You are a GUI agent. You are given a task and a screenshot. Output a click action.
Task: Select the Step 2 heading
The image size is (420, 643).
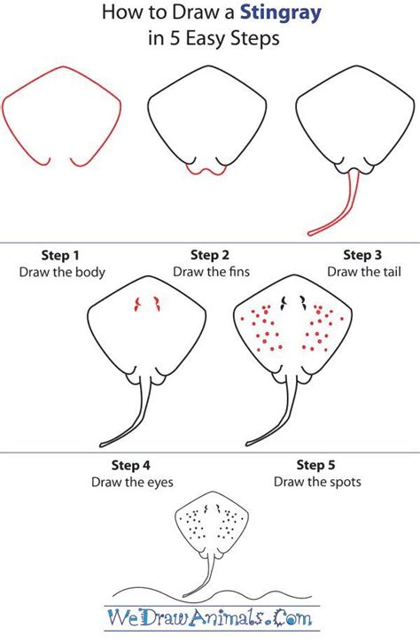coord(210,255)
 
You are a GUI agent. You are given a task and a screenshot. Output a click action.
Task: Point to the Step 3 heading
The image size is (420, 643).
coord(363,255)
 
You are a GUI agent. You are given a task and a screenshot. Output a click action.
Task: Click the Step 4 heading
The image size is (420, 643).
coord(131,464)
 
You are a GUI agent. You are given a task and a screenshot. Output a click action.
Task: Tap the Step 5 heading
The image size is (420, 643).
coord(316,464)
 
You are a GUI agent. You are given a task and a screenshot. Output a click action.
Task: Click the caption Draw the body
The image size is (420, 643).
coord(62,272)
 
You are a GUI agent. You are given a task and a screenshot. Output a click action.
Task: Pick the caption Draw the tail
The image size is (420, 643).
coord(363,272)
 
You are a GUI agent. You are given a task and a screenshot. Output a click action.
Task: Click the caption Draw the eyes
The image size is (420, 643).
coord(131,482)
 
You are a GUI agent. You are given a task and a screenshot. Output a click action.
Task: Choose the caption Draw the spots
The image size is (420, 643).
coord(316,482)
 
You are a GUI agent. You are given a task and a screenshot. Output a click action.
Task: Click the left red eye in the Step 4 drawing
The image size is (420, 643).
coord(137,306)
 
